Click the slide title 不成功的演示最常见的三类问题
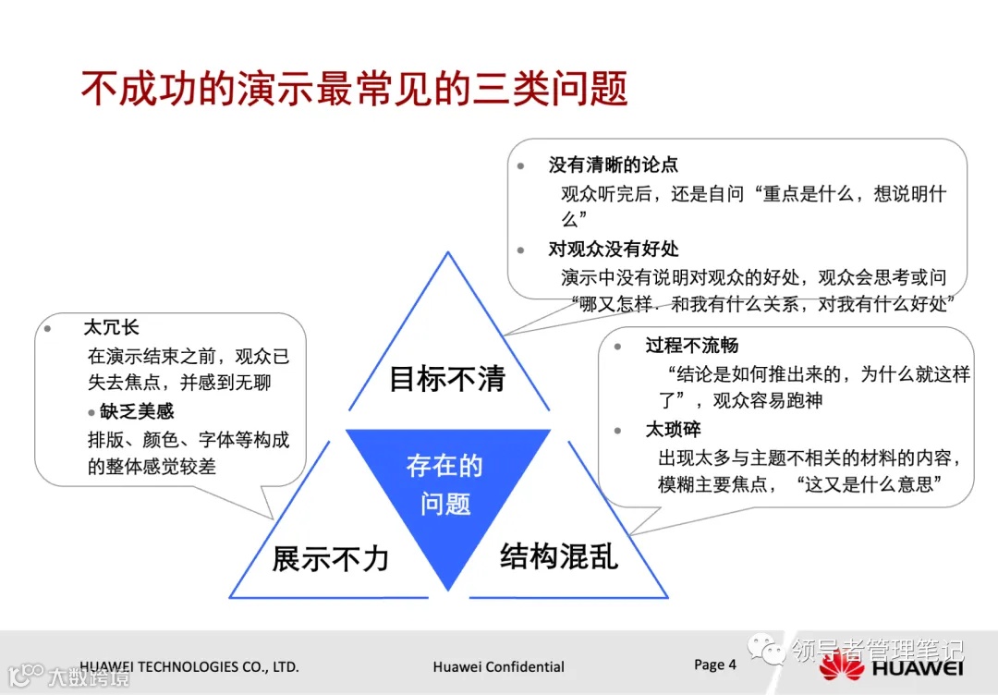click(354, 90)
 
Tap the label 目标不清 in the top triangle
click(447, 379)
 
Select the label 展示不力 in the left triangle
click(330, 558)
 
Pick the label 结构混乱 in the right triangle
click(559, 555)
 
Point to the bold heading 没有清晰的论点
click(613, 165)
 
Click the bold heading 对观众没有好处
click(613, 249)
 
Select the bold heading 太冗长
click(111, 328)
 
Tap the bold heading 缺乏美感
click(137, 411)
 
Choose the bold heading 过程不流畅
click(691, 346)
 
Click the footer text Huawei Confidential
click(498, 666)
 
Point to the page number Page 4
click(715, 665)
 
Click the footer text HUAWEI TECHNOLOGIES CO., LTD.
click(189, 666)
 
